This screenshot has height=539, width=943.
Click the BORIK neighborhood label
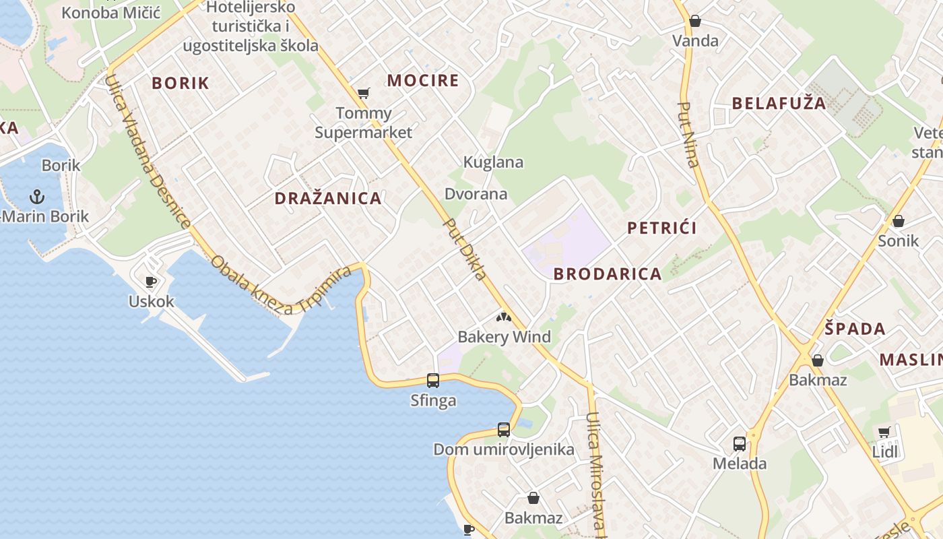tap(181, 84)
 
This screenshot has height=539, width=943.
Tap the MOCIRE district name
tap(423, 81)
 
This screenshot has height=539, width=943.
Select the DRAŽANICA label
tap(328, 198)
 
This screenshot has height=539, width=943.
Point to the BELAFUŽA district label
tap(779, 103)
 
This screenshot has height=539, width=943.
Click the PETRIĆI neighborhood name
tap(662, 228)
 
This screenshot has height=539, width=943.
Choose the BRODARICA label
tap(608, 274)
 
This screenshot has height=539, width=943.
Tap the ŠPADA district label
tap(855, 329)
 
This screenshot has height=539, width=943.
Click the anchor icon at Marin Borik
tap(37, 197)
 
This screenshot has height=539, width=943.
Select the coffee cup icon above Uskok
tap(151, 282)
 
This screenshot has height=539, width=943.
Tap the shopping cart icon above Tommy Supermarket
tap(364, 94)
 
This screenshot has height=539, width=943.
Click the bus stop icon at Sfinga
tap(433, 381)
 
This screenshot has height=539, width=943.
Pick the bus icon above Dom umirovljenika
tap(504, 429)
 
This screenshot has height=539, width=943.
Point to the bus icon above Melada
tap(740, 444)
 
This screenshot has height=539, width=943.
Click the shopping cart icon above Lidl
tap(884, 432)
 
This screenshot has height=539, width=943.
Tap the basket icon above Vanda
tap(695, 21)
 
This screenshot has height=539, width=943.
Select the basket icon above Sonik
tap(899, 221)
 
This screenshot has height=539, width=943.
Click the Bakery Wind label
tap(504, 337)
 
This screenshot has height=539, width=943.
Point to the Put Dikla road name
tap(465, 249)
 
